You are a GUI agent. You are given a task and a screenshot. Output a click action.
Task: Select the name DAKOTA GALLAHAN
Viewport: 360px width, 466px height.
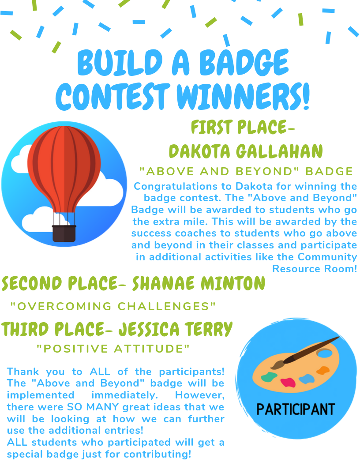pos(246,151)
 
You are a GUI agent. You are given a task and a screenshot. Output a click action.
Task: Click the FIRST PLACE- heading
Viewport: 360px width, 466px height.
pos(243,128)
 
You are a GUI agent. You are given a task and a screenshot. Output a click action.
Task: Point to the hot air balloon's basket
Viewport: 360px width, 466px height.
pos(64,233)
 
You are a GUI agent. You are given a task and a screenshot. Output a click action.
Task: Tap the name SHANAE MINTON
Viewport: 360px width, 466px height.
pos(199,284)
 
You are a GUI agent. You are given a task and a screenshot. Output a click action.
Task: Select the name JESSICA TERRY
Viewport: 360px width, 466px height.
pos(176,329)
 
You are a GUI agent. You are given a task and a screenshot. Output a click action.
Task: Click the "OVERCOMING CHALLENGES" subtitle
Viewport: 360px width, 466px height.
pos(113,306)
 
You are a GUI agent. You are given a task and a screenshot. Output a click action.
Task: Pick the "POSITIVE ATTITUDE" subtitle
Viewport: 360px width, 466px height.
pos(113,349)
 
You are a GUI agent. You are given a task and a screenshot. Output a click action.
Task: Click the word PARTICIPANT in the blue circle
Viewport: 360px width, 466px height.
pos(296,409)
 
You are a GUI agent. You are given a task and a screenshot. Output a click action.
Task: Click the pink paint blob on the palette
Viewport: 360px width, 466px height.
pos(288,382)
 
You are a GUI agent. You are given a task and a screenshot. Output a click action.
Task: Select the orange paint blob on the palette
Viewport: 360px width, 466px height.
pos(323,370)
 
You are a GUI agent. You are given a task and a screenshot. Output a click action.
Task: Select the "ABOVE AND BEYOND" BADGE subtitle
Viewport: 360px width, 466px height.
pos(246,171)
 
